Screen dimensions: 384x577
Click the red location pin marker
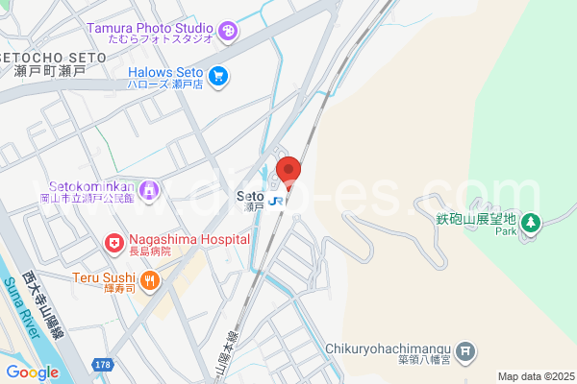[288, 172]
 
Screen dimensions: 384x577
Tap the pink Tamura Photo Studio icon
[228, 31]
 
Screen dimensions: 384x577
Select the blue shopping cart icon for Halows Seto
[218, 75]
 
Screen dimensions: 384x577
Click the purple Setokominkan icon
[148, 191]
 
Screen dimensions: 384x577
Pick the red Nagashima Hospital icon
[114, 244]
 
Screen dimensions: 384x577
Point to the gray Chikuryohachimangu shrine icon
[466, 351]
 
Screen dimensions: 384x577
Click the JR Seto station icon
[277, 200]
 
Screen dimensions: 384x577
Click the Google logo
[32, 372]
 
